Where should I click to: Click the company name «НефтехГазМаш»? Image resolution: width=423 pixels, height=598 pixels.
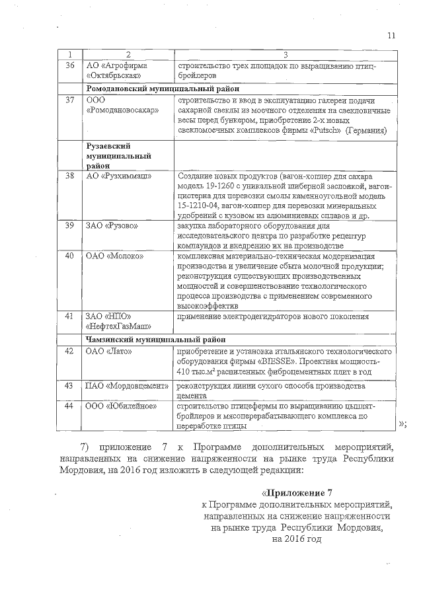click(x=118, y=326)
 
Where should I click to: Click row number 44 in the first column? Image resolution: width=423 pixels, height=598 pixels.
click(x=70, y=405)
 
